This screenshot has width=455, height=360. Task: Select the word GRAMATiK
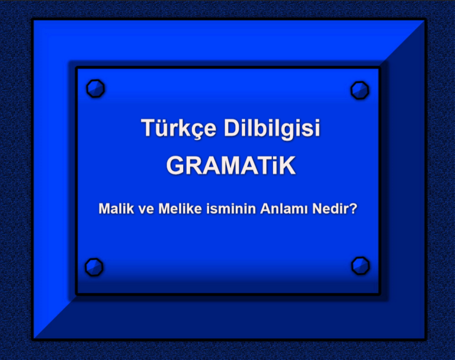point(230,166)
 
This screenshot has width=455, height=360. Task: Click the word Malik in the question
point(116,208)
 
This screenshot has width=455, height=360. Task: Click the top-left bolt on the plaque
point(95,89)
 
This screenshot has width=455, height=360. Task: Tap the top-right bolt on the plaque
point(360,90)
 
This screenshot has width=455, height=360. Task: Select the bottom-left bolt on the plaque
point(94,267)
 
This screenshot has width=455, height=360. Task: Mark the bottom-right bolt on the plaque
point(360,266)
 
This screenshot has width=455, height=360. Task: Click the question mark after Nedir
point(353,208)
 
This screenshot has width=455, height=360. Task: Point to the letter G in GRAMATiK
point(176,166)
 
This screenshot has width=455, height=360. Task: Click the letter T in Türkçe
point(148,128)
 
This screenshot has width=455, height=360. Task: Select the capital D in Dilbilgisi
point(232,128)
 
